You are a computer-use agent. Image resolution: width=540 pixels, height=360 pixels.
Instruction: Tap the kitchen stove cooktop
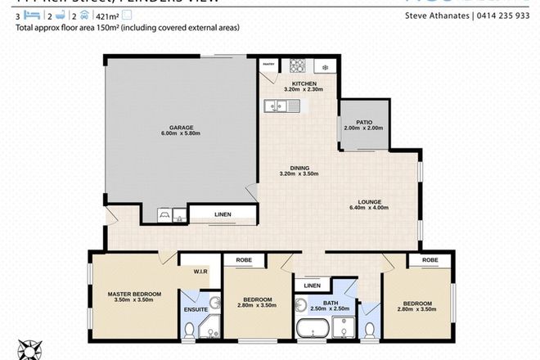[x=299, y=66]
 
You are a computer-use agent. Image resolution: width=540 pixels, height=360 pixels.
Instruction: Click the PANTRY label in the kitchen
[x=268, y=64]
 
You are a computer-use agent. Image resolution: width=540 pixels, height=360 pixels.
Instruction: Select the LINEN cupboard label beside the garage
[x=223, y=214]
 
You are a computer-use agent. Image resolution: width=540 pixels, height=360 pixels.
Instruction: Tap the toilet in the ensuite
[x=189, y=329]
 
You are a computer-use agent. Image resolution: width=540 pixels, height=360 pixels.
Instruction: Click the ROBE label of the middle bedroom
[x=245, y=260]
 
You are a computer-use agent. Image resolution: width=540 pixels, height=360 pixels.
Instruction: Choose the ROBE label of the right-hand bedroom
[x=430, y=260]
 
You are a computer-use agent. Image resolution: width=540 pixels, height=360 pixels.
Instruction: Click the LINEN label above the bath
[x=312, y=286]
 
